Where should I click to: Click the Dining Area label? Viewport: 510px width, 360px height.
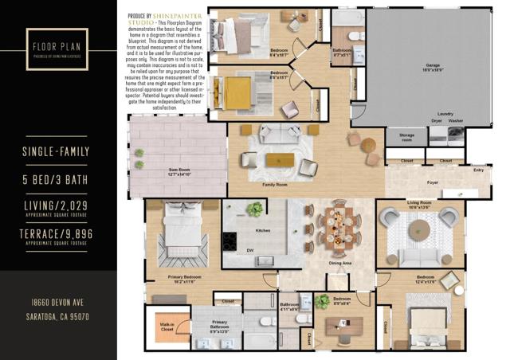click(x=341, y=263)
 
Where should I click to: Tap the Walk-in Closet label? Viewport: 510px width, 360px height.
click(x=166, y=326)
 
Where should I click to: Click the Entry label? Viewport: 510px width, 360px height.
click(x=478, y=170)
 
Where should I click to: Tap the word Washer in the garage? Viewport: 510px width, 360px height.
click(x=455, y=120)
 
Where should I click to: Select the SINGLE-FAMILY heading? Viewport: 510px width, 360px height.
click(x=58, y=151)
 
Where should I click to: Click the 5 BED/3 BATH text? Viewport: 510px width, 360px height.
click(x=58, y=182)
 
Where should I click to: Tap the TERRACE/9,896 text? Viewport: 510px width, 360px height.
click(x=58, y=233)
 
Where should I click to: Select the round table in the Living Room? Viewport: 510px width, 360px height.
click(x=418, y=230)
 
